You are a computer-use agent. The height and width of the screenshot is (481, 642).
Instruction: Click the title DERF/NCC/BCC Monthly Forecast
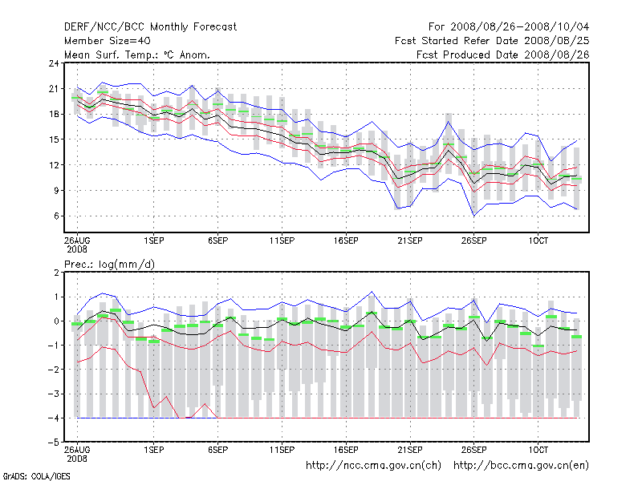point(150,26)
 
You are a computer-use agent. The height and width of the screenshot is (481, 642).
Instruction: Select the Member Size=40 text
point(107,40)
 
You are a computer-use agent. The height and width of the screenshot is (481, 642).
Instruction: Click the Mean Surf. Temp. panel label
point(137,55)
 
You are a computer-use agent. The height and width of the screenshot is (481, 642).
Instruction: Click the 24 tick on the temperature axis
point(53,63)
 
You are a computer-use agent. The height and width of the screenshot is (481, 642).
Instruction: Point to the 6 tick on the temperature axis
point(55,216)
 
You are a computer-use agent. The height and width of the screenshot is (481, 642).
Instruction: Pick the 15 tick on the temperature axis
point(53,139)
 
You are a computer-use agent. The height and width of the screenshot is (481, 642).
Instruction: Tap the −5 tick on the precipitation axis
point(53,443)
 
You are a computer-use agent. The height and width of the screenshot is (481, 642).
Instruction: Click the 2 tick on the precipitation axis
point(55,273)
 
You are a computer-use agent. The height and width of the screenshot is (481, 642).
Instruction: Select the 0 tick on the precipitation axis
point(55,321)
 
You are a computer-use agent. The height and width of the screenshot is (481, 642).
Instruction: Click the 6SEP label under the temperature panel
point(218,240)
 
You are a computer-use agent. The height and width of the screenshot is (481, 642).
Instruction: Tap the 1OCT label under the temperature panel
point(538,240)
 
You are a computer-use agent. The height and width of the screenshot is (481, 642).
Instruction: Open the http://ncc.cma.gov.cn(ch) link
point(373,465)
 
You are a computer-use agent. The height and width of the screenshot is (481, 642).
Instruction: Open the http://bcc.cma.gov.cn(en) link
point(522,465)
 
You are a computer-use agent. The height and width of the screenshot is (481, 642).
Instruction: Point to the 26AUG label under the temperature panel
point(77,240)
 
